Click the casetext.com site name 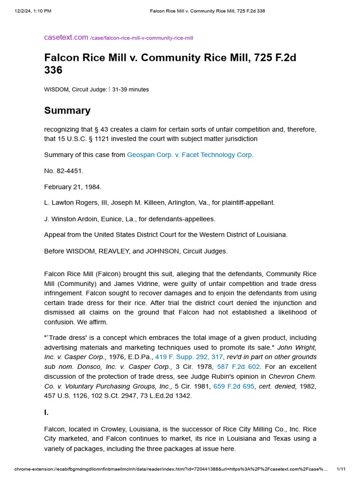(66, 37)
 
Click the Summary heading (67, 111)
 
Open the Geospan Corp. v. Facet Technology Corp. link (190, 155)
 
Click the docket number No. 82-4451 (64, 171)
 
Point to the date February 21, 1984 (73, 187)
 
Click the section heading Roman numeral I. (46, 413)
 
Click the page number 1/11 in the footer (341, 469)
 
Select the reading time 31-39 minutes (130, 89)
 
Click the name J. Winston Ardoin (70, 218)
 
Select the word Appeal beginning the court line (55, 234)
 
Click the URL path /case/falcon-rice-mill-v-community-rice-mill (142, 38)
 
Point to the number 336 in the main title (53, 70)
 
